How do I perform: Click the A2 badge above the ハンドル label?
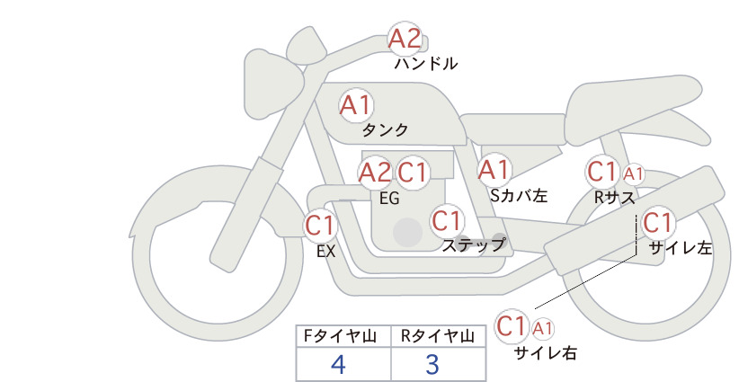(405, 38)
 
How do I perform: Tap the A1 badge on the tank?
(356, 105)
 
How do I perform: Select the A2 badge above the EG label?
(375, 173)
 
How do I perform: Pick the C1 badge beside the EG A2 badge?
(413, 173)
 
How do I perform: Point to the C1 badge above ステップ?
(447, 220)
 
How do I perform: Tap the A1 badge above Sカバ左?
(494, 170)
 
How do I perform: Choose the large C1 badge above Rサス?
(602, 172)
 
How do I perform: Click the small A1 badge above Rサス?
(633, 174)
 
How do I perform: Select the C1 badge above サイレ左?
(657, 223)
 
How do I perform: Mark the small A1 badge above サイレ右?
(542, 328)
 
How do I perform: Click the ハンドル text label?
(426, 64)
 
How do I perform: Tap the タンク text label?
(385, 130)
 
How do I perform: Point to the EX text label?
(326, 252)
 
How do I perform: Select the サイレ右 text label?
(546, 353)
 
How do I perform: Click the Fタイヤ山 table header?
(340, 336)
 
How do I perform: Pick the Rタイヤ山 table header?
(438, 336)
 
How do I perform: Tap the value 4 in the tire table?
(338, 364)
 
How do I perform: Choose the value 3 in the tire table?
(432, 364)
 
